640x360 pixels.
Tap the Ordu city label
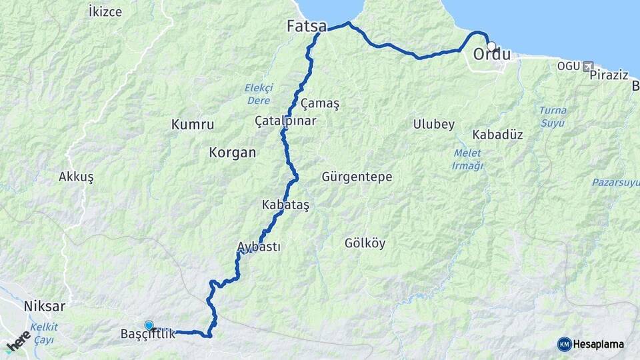[x=492, y=55]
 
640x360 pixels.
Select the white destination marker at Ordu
[x=491, y=46]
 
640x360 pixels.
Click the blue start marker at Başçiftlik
[x=149, y=325]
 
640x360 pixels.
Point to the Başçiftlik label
[x=147, y=334]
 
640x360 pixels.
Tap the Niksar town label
[x=45, y=307]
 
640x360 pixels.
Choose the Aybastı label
[x=259, y=247]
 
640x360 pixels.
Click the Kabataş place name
[x=286, y=204]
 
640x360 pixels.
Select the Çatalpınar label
[x=285, y=121]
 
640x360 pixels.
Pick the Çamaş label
[x=320, y=103]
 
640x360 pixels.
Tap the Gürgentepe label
[x=357, y=177]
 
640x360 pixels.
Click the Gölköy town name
[x=365, y=243]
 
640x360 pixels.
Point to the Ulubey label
[x=433, y=124]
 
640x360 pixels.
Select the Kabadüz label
[x=497, y=134]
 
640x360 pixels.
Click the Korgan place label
[x=232, y=152]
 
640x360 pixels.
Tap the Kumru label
[x=193, y=124]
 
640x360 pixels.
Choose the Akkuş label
[x=76, y=177]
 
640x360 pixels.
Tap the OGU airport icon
[x=587, y=66]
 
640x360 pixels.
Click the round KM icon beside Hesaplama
[x=564, y=344]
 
